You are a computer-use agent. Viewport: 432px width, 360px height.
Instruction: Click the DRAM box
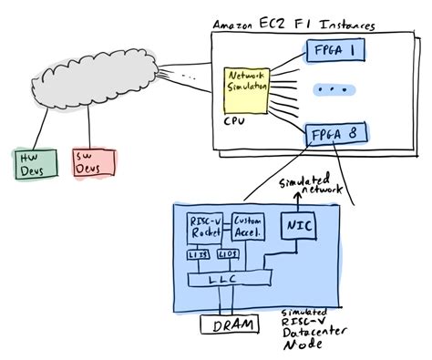pos(227,323)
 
